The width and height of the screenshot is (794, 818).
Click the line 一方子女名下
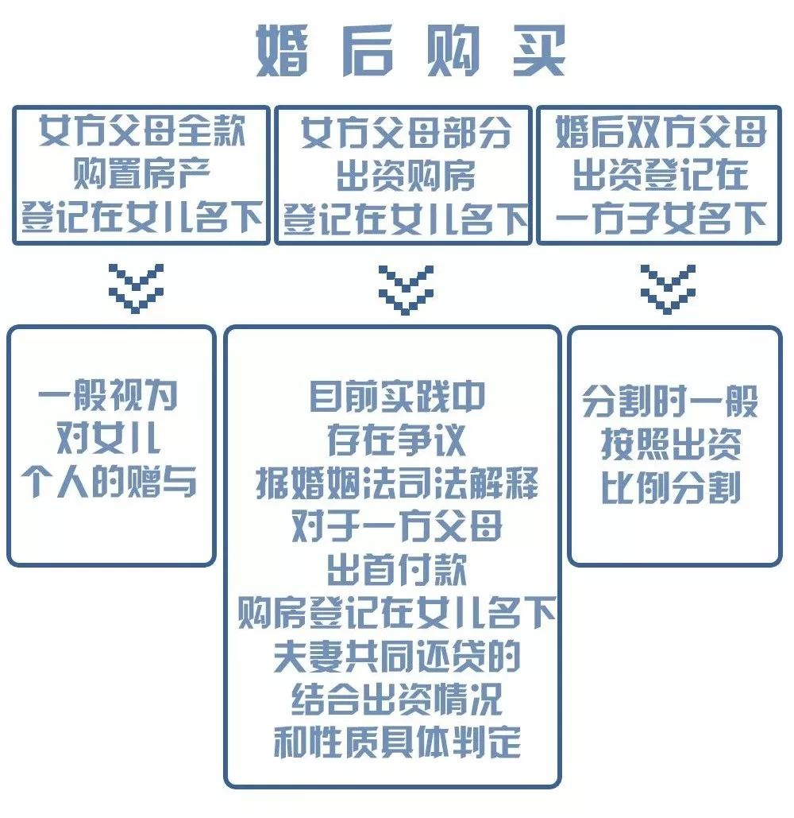click(661, 216)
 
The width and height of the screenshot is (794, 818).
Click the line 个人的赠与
click(110, 482)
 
